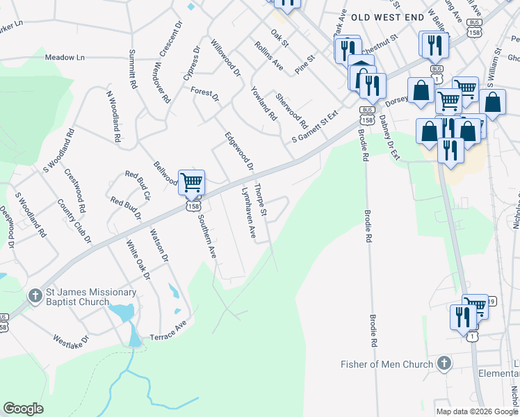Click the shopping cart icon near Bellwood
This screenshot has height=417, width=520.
click(x=191, y=183)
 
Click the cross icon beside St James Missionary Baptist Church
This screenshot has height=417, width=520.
click(x=35, y=296)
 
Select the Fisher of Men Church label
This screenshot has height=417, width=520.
click(x=385, y=364)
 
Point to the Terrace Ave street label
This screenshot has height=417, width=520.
click(x=168, y=332)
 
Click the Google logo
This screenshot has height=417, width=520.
click(x=24, y=409)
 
